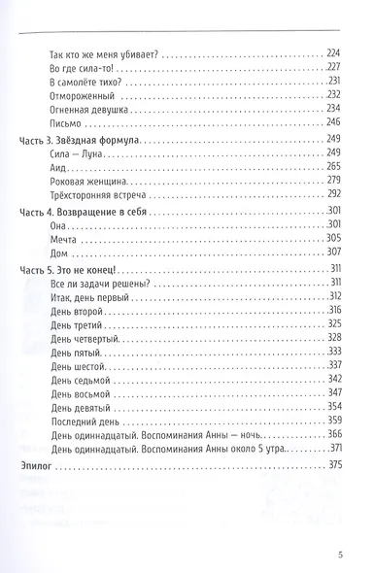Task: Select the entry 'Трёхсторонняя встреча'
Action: coord(95,193)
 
